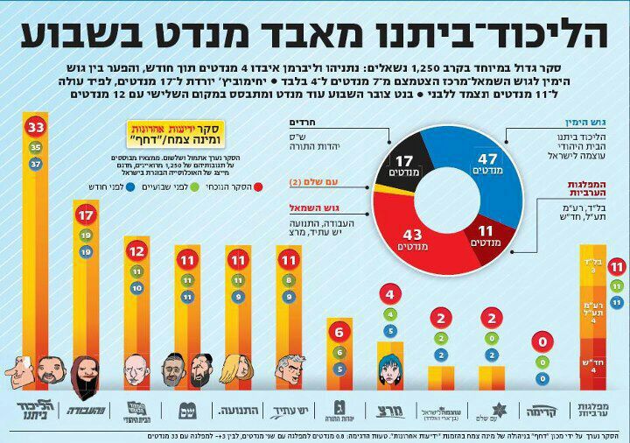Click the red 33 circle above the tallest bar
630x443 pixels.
[36, 127]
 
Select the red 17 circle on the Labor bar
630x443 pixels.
[86, 214]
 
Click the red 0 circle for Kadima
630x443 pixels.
[543, 342]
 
